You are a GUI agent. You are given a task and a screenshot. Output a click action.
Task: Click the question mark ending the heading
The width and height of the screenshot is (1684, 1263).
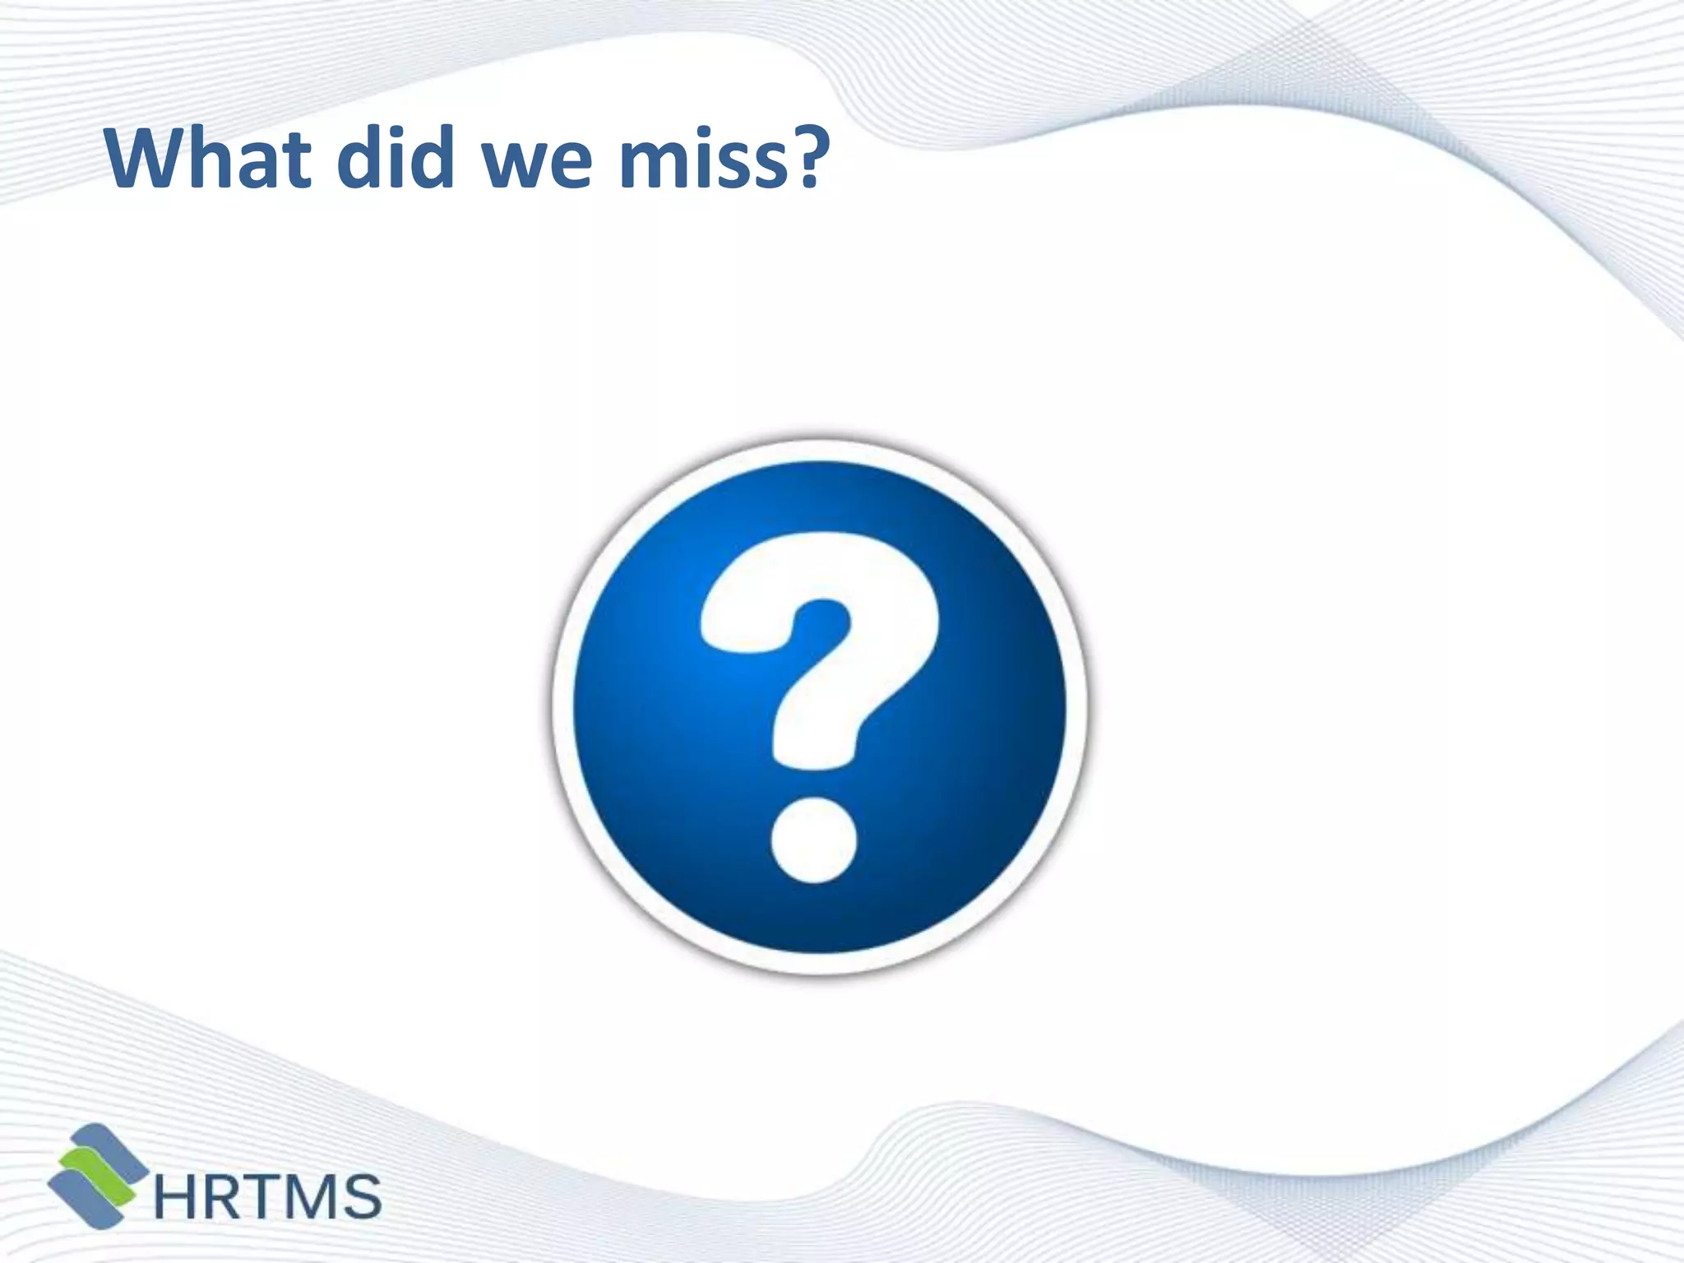(x=798, y=156)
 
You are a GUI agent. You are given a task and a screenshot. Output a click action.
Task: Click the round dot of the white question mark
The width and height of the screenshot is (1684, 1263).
(x=813, y=841)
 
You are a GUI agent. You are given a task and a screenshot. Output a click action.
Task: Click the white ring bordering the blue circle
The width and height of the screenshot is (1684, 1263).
(x=563, y=707)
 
